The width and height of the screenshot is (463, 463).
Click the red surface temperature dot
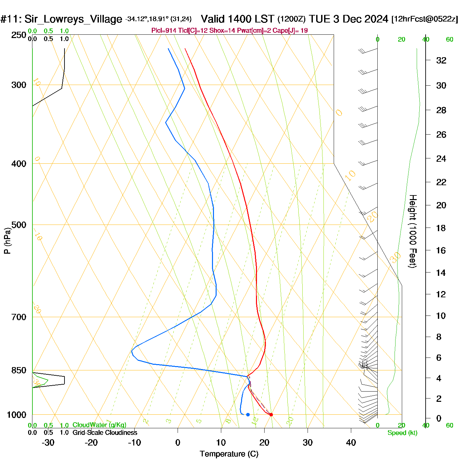click(x=271, y=415)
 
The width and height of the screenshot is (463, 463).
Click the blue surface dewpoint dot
click(x=248, y=415)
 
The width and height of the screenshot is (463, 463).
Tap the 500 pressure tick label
click(x=19, y=225)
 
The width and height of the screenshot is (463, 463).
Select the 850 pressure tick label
click(x=19, y=370)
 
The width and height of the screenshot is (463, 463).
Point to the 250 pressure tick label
click(x=19, y=35)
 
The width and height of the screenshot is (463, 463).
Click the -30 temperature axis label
click(x=48, y=442)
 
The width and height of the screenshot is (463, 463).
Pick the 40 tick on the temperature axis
click(x=351, y=442)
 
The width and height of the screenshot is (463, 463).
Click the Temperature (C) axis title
click(x=229, y=454)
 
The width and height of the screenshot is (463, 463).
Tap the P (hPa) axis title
click(x=7, y=240)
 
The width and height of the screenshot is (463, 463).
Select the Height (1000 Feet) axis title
click(x=413, y=231)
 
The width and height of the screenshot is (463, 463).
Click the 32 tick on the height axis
click(x=441, y=60)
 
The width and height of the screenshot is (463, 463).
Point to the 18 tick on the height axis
click(x=441, y=228)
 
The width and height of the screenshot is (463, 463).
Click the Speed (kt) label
click(x=402, y=433)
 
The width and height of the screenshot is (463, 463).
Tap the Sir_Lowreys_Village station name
click(x=73, y=19)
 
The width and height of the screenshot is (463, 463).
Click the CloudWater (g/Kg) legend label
click(x=99, y=425)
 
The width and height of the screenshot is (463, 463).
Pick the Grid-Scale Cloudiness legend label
click(x=105, y=433)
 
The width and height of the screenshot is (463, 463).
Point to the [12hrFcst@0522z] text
click(x=425, y=19)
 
